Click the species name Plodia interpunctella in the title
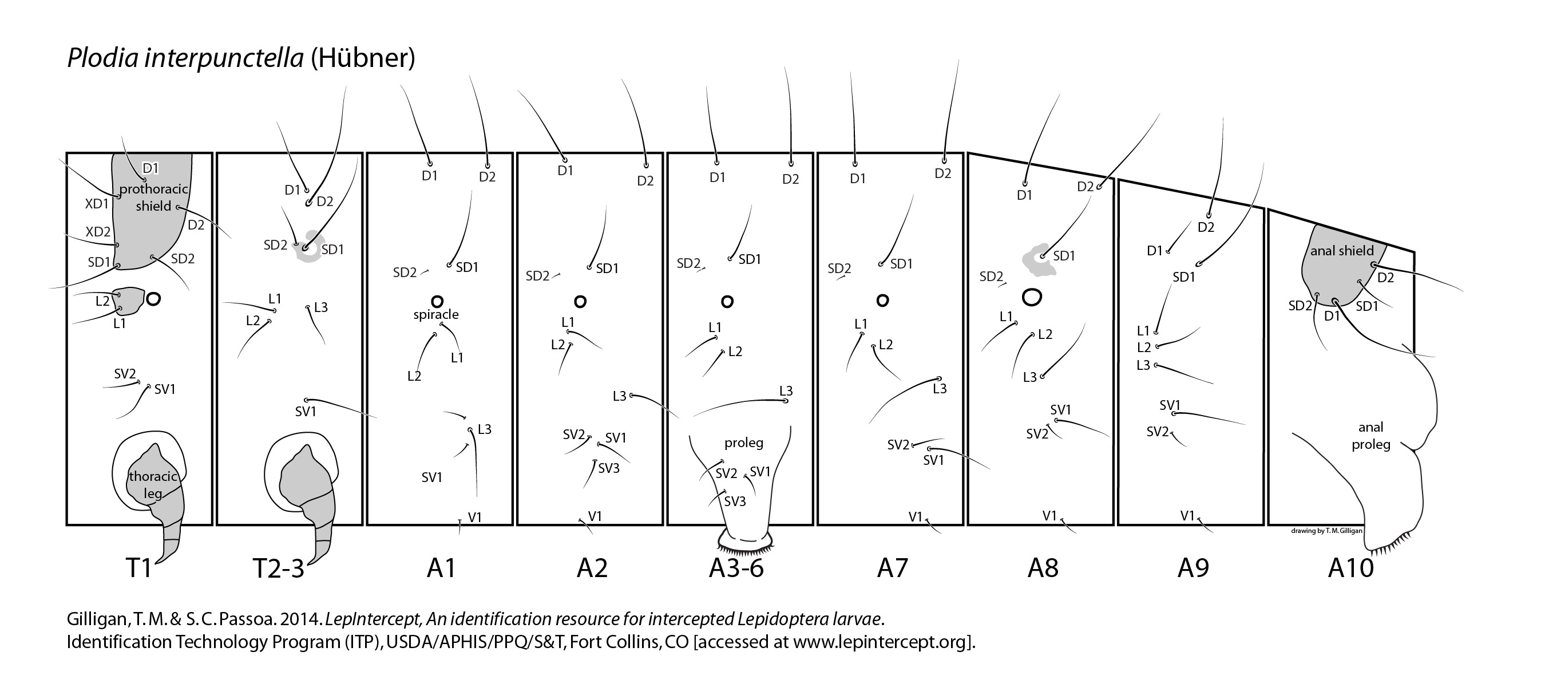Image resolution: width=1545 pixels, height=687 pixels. (185, 58)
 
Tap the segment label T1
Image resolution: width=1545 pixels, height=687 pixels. (138, 567)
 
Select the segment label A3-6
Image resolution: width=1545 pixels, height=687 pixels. (736, 567)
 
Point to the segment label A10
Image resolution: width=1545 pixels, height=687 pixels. (1350, 567)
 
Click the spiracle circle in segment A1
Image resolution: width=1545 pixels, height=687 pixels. (437, 301)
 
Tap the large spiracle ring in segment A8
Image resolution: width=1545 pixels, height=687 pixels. (1032, 297)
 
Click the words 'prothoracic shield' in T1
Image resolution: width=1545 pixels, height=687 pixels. (153, 198)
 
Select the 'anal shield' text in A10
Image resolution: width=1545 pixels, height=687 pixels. (1342, 251)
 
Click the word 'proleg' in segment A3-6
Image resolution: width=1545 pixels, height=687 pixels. (744, 443)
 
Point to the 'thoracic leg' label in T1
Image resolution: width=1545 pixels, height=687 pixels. (153, 485)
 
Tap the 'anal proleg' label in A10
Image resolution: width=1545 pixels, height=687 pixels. (1370, 436)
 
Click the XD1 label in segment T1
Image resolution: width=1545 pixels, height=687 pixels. (97, 203)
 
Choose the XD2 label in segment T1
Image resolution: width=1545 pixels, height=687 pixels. (98, 232)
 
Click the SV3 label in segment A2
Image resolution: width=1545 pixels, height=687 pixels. (609, 468)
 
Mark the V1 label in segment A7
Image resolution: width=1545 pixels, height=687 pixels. (915, 516)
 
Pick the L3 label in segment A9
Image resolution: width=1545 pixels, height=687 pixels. (1143, 365)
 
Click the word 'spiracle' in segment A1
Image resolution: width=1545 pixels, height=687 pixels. (436, 314)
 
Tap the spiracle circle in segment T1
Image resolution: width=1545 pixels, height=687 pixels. (153, 298)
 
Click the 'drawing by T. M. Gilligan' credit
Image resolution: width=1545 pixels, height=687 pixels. (1326, 530)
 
